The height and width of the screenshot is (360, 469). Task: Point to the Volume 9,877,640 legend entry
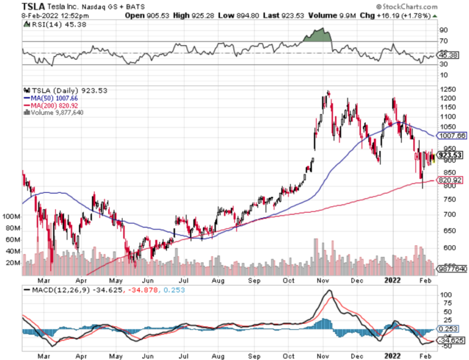[54, 112]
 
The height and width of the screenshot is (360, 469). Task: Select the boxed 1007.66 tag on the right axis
[451, 135]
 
